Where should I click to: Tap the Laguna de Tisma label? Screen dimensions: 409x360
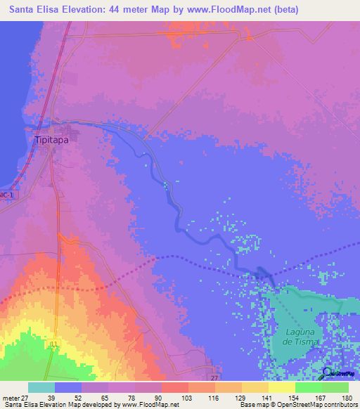pyautogui.click(x=303, y=337)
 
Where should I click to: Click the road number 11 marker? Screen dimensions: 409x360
pyautogui.click(x=54, y=344)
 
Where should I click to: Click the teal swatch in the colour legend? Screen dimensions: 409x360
pyautogui.click(x=41, y=387)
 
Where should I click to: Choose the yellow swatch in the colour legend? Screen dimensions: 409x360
pyautogui.click(x=281, y=387)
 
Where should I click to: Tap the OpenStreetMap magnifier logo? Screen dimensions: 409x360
pyautogui.click(x=328, y=372)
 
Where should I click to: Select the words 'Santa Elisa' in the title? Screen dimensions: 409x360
pyautogui.click(x=32, y=10)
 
